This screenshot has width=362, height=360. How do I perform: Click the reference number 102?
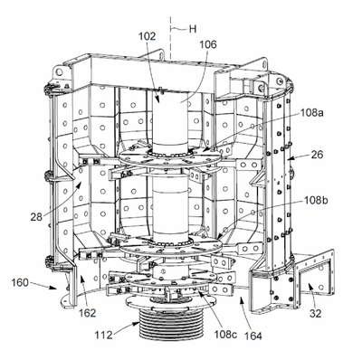click(x=147, y=36)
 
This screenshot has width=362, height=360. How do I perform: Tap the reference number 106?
click(x=208, y=44)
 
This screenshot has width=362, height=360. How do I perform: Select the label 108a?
click(x=312, y=113)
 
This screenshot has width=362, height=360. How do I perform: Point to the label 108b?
click(x=316, y=200)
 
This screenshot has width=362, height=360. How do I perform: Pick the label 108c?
click(x=225, y=334)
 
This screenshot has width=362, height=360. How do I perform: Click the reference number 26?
click(x=317, y=155)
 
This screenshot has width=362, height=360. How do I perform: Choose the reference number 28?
click(x=36, y=217)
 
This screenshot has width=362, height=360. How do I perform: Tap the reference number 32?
click(x=315, y=314)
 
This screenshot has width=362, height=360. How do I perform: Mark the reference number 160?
click(x=20, y=283)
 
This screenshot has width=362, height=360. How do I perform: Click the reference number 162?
click(x=87, y=313)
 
